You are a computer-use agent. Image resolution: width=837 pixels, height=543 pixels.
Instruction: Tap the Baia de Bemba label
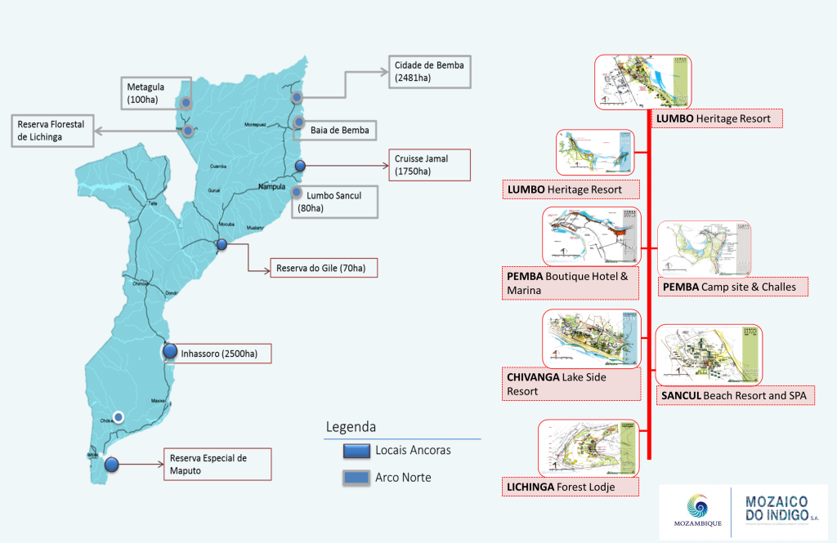[339, 130]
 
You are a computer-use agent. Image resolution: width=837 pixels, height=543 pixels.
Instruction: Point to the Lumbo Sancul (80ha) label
[335, 202]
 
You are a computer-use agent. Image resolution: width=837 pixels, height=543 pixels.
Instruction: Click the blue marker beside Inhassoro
[170, 352]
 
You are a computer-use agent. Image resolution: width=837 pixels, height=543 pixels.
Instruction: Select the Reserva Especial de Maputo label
[217, 464]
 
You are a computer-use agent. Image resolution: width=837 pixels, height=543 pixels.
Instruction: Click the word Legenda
[351, 427]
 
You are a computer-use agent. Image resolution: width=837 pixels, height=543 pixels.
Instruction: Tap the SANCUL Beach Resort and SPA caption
[736, 396]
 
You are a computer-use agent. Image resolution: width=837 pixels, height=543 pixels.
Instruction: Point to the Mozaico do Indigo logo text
[782, 511]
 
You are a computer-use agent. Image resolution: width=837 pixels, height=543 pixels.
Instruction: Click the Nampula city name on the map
[272, 186]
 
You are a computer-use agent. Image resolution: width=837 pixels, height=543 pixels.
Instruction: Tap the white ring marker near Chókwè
[119, 416]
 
